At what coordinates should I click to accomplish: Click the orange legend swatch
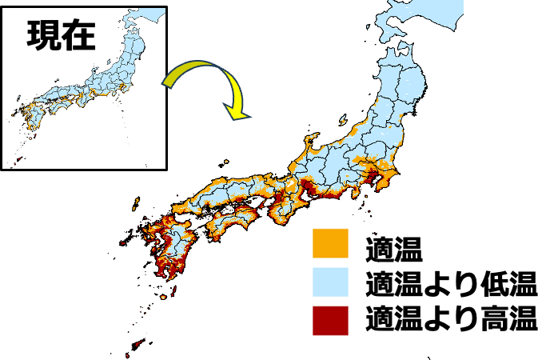[330, 243]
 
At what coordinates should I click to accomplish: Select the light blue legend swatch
[330, 282]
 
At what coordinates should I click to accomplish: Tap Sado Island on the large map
[351, 129]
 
